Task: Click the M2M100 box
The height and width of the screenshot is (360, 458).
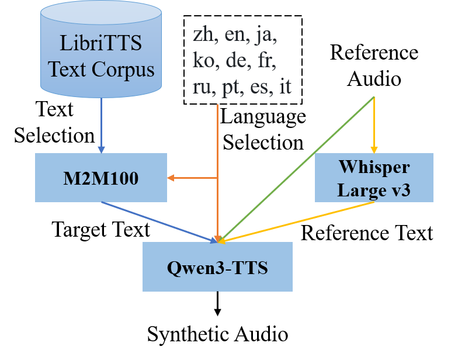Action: tap(100, 178)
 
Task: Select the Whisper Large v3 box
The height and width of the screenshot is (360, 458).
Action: tap(374, 178)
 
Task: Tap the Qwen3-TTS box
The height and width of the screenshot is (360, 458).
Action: tap(217, 267)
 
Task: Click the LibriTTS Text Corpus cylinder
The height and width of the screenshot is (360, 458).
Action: tap(101, 50)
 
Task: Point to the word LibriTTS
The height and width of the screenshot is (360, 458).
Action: tap(101, 43)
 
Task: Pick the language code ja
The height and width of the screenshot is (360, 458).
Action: tap(266, 36)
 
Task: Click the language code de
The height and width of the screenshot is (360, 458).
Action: tap(237, 61)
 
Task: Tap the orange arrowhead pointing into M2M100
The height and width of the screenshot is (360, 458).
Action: tap(171, 178)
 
